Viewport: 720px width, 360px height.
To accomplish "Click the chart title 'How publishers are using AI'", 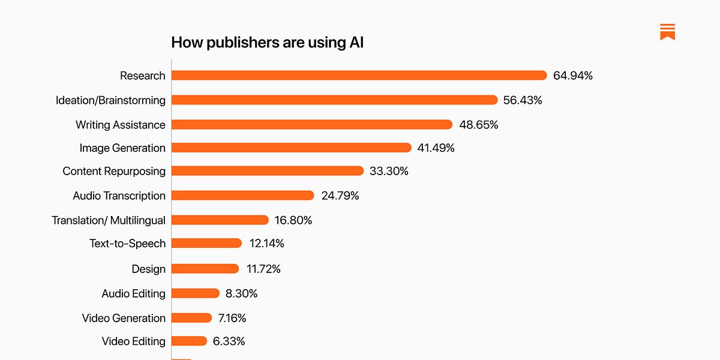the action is tap(267, 43).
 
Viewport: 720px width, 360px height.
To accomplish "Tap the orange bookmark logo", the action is tap(667, 32).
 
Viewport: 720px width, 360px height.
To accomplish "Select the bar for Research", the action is tap(359, 76).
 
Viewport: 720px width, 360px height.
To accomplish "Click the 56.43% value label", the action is tap(523, 100).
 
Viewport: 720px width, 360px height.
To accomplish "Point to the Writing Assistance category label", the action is tap(120, 125).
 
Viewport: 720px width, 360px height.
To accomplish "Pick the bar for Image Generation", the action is tap(291, 148).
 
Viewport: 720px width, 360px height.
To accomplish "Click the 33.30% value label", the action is tap(389, 171).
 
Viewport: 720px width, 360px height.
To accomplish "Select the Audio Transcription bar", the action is tap(242, 196).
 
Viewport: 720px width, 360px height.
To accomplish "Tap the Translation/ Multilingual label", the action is tap(108, 220).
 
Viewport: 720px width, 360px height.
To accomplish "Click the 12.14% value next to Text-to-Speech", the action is tap(266, 243).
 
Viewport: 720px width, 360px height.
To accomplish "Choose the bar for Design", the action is tap(205, 269).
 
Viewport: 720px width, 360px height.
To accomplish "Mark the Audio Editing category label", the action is tap(133, 293).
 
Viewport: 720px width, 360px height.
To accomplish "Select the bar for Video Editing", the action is tap(189, 341).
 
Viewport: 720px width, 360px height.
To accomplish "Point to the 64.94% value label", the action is tap(573, 76).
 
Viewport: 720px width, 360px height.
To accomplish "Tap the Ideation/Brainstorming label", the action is tap(110, 100).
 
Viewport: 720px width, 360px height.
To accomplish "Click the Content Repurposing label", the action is tap(114, 171).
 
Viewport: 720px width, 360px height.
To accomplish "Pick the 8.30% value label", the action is tap(242, 293).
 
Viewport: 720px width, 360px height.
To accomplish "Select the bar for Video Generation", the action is tap(191, 318).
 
